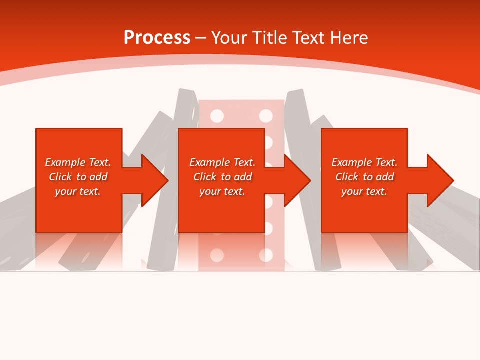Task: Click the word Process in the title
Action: click(157, 37)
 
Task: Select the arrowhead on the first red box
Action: click(154, 180)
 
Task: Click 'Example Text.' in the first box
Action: click(78, 162)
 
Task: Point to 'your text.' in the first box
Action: click(78, 191)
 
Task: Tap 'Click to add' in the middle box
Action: click(222, 177)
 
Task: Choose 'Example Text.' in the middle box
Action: click(222, 162)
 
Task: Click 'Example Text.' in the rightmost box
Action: click(364, 162)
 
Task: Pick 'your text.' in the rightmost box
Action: click(364, 191)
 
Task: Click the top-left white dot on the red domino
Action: click(217, 116)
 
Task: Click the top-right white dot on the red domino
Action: click(266, 116)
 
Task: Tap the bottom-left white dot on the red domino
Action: click(217, 255)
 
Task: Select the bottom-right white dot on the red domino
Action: click(266, 255)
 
